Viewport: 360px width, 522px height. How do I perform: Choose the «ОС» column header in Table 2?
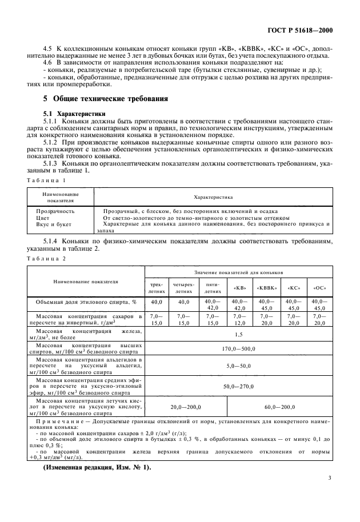[319, 287]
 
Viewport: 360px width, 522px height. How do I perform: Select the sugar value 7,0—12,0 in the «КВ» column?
[240, 319]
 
